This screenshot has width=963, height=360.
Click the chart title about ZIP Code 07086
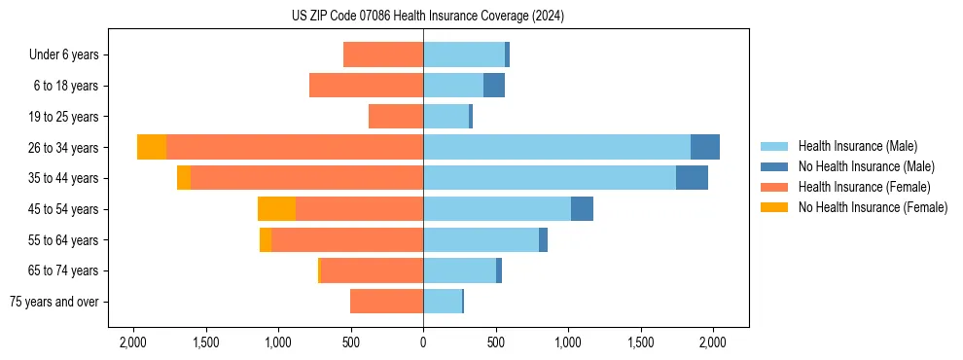(x=428, y=17)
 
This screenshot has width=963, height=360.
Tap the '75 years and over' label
(x=54, y=302)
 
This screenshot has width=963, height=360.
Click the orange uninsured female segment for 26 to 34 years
(x=152, y=147)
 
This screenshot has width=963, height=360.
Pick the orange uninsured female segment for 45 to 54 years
(x=276, y=209)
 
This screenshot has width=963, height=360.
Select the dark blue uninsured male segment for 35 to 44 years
(x=692, y=178)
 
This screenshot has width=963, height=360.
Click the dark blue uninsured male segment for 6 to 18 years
(x=494, y=86)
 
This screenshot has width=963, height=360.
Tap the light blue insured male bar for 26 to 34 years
(x=556, y=147)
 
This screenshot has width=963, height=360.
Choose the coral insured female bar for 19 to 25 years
(x=396, y=117)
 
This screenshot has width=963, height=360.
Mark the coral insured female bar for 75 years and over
(x=386, y=302)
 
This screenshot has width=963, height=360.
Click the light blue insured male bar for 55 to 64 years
(x=481, y=239)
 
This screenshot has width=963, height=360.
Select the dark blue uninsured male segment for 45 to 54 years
(x=582, y=209)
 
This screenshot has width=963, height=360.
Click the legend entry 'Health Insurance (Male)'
(x=857, y=146)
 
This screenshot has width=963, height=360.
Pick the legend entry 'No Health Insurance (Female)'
(x=873, y=207)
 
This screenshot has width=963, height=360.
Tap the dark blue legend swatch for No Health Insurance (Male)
(x=774, y=166)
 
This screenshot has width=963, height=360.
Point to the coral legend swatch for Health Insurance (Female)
(x=774, y=187)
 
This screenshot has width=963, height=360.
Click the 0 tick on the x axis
(x=423, y=342)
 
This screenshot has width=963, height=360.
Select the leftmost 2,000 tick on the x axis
(x=132, y=342)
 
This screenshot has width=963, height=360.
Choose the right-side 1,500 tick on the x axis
(x=641, y=342)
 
